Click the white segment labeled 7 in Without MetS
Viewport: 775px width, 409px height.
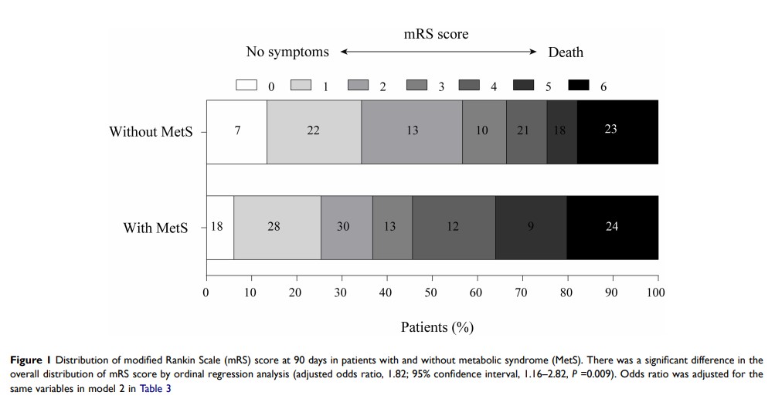click(236, 131)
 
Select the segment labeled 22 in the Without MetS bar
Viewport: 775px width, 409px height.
click(313, 131)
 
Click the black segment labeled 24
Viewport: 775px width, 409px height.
click(612, 227)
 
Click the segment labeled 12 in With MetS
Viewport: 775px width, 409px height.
click(454, 227)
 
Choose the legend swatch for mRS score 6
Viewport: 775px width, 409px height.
click(579, 85)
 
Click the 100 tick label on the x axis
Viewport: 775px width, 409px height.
click(655, 292)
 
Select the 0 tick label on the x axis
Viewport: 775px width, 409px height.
click(206, 292)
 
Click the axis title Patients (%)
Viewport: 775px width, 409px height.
click(437, 327)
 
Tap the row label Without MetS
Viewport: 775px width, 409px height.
click(151, 131)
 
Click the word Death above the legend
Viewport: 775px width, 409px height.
click(566, 52)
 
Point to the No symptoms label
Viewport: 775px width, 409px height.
click(287, 52)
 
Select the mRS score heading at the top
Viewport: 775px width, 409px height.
click(437, 34)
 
